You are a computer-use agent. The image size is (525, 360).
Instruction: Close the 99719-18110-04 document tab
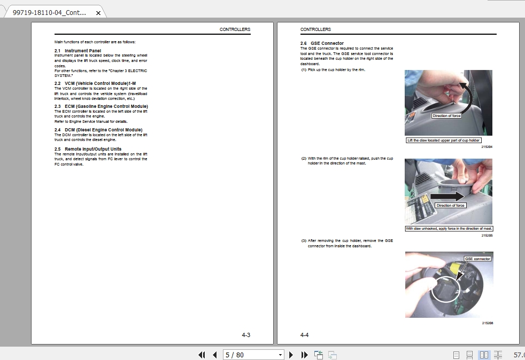(x=98, y=13)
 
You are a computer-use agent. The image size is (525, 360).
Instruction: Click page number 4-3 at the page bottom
(x=246, y=335)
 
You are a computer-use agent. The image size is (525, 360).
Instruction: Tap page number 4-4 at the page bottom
(x=305, y=335)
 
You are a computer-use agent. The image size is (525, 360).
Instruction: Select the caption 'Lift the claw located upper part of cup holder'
(x=444, y=140)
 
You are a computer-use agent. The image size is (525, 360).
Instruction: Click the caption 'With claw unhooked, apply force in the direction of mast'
(x=449, y=229)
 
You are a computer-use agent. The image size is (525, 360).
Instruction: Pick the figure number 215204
(x=487, y=146)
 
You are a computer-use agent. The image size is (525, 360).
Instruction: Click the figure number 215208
(x=487, y=323)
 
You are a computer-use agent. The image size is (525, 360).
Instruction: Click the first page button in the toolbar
(x=202, y=355)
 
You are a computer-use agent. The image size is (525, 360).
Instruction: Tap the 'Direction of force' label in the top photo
(x=446, y=116)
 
